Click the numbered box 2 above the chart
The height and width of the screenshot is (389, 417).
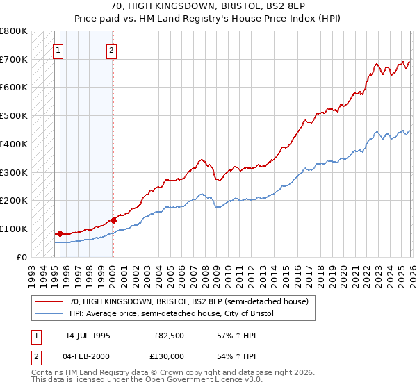(111, 49)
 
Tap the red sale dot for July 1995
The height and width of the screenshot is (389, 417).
(60, 233)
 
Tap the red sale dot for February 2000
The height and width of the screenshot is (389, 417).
(113, 220)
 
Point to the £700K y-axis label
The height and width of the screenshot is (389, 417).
(14, 60)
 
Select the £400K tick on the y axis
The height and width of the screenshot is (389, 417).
(14, 144)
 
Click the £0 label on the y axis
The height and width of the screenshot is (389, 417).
(22, 257)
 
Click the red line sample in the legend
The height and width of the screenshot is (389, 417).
(49, 301)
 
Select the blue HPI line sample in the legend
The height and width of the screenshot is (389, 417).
(49, 314)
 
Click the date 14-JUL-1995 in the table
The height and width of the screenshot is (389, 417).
(88, 335)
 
